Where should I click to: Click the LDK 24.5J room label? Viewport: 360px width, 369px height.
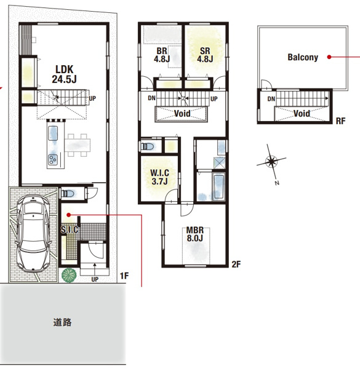pos(64,74)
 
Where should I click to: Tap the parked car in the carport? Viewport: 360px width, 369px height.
pos(33,234)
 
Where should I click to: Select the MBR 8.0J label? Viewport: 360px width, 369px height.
pos(195,234)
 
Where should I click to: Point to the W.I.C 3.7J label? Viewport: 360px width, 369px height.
pos(159,177)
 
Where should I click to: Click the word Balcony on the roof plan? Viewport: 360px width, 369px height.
pos(303,57)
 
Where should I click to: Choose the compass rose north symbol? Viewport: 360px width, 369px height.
pos(271,162)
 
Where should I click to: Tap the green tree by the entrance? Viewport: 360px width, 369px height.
pos(69,275)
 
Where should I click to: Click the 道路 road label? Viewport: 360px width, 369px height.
pos(62,322)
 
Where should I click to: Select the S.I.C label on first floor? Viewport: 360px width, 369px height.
pos(70,229)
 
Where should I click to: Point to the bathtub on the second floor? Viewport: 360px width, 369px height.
pos(219,186)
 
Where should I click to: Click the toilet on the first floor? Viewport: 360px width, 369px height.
pos(68,194)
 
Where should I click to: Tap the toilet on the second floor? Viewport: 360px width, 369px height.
pos(147,146)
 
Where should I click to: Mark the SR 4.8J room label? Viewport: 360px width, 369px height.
pos(205,55)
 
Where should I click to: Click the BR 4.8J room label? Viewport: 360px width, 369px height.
pos(162,55)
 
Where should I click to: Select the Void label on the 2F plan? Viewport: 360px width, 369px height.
pos(182,114)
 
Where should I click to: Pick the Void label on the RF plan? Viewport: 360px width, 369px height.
pos(302,114)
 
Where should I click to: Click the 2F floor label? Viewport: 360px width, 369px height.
pos(236,264)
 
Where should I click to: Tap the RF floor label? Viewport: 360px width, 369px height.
pos(340,121)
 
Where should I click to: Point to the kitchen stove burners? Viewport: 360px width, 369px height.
pos(53,159)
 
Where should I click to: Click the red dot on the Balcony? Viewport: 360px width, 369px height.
pos(329,57)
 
